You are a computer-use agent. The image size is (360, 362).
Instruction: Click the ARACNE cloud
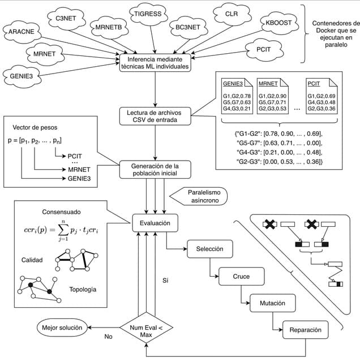coord(21,32)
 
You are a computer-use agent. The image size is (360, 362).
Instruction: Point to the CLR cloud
coord(230,12)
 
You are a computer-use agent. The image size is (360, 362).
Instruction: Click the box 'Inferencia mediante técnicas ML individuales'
coord(155,62)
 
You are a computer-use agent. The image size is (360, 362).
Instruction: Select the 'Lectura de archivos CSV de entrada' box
coord(155,116)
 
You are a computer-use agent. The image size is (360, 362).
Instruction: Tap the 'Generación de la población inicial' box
coord(155,169)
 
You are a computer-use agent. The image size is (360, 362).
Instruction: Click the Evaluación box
coord(155,223)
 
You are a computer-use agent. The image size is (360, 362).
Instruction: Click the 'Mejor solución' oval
coord(63,327)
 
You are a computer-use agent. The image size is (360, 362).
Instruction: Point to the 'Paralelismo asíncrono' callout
coord(203,196)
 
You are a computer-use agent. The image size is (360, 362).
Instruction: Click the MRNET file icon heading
coord(267,83)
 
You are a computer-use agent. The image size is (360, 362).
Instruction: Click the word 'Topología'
coord(83,290)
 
